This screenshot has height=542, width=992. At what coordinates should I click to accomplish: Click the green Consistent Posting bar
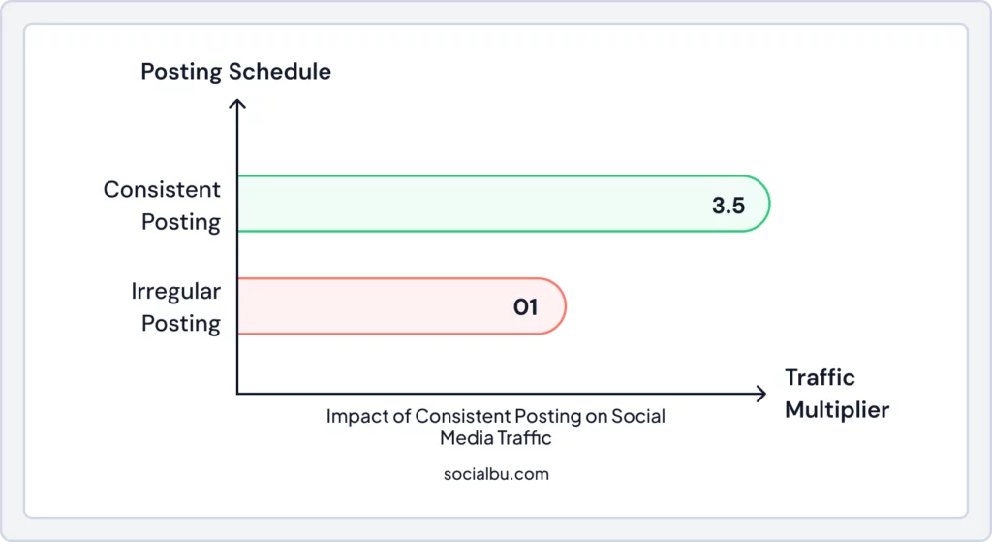point(484,204)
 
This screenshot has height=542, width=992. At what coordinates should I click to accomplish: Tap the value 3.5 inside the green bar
point(728,205)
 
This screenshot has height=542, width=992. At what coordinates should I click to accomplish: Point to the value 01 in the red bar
point(525,307)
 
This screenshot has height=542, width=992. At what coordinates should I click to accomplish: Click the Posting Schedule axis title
point(235,72)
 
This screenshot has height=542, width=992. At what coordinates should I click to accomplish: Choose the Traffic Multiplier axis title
point(836,394)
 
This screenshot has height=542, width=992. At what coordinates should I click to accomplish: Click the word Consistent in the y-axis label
point(162,189)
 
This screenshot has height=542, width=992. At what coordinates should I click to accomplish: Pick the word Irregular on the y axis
point(176,291)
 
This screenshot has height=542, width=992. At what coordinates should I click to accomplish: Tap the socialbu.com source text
point(495,475)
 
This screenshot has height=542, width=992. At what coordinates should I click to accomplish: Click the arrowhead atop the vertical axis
point(237,97)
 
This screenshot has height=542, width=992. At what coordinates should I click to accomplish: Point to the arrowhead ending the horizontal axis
point(761,394)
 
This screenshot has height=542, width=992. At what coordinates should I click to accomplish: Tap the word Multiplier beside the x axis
point(836,410)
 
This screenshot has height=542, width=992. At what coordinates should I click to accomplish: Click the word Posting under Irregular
point(181,324)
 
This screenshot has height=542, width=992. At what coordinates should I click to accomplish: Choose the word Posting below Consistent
point(181,222)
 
